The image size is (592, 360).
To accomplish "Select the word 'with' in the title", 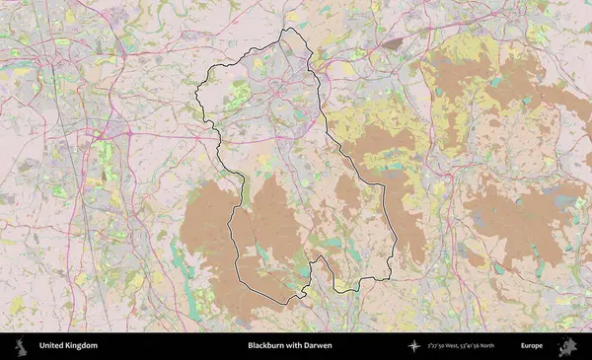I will (x=294, y=346).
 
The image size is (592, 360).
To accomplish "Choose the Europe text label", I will (x=533, y=346).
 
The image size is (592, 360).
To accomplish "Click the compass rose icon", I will (x=414, y=346).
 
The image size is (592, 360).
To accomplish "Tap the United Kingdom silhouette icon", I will (x=21, y=346).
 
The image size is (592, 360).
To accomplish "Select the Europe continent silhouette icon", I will (x=567, y=346).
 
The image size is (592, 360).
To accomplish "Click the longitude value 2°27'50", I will (x=441, y=346).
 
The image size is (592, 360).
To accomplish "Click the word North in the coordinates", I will (x=510, y=346).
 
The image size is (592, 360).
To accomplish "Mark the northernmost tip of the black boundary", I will (x=288, y=29).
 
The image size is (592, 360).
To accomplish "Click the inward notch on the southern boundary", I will (x=317, y=258).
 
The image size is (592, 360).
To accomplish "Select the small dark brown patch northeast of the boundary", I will (x=393, y=43).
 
